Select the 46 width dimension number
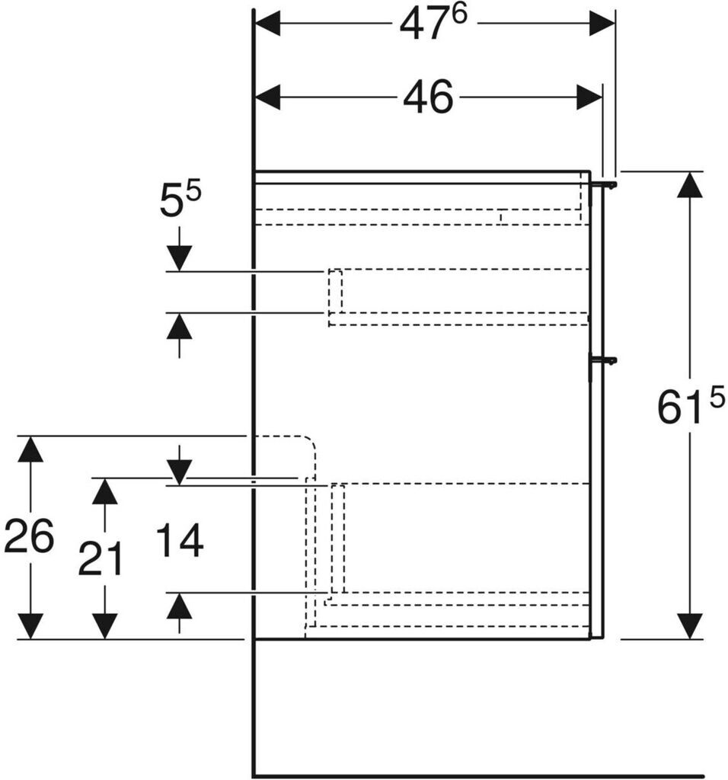pyautogui.click(x=428, y=97)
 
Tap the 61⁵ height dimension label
pyautogui.click(x=691, y=408)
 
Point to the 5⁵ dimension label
pyautogui.click(x=180, y=202)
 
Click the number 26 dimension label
pyautogui.click(x=29, y=536)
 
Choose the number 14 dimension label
pyautogui.click(x=180, y=542)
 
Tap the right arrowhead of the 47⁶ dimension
pyautogui.click(x=602, y=24)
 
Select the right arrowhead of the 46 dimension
pyautogui.click(x=589, y=97)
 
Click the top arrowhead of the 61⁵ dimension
pyautogui.click(x=689, y=185)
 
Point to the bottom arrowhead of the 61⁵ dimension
pyautogui.click(x=689, y=625)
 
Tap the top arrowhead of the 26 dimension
pyautogui.click(x=30, y=449)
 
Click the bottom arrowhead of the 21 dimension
pyautogui.click(x=104, y=625)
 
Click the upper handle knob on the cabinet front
pyautogui.click(x=607, y=184)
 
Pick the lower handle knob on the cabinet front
pyautogui.click(x=607, y=360)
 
